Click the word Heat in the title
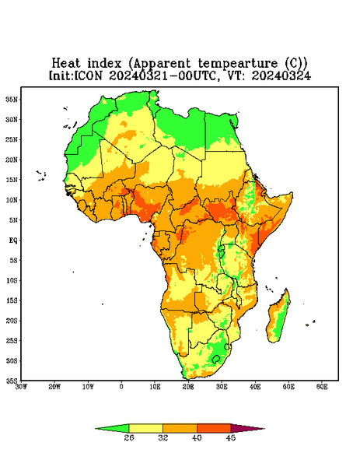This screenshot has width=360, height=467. click(66, 63)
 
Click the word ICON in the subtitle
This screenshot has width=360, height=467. click(89, 75)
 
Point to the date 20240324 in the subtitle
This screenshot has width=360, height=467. click(281, 75)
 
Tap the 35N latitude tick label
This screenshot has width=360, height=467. click(12, 99)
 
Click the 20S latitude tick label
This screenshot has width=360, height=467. click(12, 321)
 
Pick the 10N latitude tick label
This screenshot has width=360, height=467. click(12, 200)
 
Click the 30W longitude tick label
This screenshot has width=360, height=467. click(21, 387)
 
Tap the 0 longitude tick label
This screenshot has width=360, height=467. click(121, 387)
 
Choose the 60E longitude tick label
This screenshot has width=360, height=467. click(322, 387)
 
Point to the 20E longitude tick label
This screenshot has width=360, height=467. click(188, 387)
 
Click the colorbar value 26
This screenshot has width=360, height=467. click(129, 437)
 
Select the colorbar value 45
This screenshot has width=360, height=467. click(231, 437)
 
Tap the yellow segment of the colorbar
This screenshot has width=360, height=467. click(145, 428)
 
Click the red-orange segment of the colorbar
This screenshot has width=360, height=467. click(214, 428)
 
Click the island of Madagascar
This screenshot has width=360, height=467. click(279, 317)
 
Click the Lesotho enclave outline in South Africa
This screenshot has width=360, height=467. click(215, 359)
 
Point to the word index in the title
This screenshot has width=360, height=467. click(105, 63)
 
